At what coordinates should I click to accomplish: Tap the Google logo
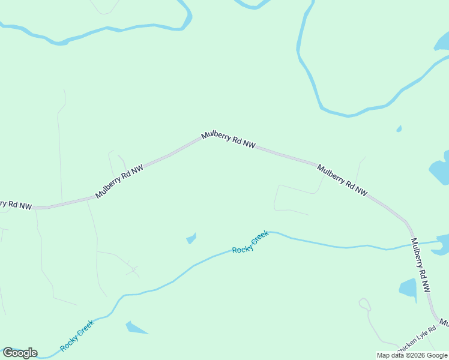click(x=20, y=353)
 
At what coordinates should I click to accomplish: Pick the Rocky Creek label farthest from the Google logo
click(x=250, y=242)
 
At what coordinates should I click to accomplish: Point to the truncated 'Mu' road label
click(x=444, y=323)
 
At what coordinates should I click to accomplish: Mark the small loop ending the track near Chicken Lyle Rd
click(x=364, y=304)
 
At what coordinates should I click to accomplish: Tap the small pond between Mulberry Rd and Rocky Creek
click(x=191, y=238)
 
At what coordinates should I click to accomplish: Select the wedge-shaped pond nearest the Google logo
click(x=135, y=328)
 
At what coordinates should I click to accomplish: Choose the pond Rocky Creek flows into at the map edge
click(x=444, y=242)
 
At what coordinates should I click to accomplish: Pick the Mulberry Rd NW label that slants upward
click(x=119, y=182)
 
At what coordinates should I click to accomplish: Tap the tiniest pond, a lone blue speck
click(x=399, y=128)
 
